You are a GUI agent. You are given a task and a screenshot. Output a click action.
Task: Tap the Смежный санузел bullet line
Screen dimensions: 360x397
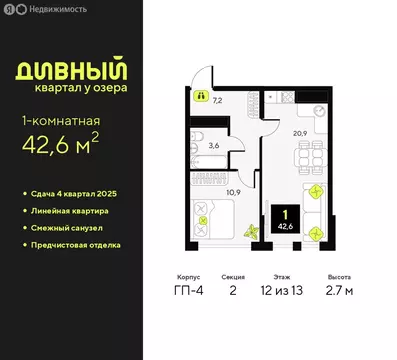(76, 226)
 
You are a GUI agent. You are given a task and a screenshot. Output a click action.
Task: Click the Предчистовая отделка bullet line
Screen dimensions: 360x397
(84, 243)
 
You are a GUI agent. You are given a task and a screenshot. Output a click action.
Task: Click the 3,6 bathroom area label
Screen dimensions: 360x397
(212, 145)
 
